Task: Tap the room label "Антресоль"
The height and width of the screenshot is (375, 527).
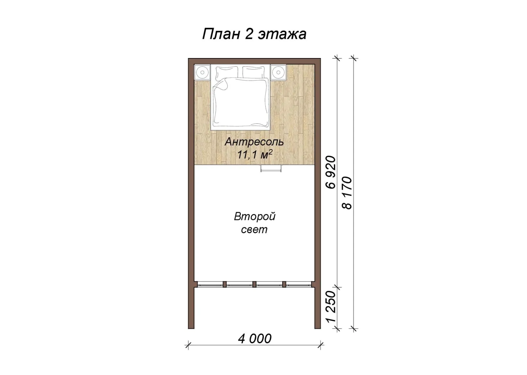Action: (x=254, y=142)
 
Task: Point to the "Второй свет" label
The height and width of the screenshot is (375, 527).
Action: (x=255, y=223)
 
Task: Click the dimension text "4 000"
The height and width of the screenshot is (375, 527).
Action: (x=255, y=339)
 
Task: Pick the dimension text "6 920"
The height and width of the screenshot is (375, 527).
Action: (x=331, y=172)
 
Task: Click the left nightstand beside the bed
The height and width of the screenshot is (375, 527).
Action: (x=202, y=72)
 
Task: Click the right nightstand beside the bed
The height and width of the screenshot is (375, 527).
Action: (x=278, y=72)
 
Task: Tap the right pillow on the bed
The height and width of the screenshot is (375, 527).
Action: (x=254, y=72)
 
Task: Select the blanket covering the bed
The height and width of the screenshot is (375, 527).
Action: (x=241, y=103)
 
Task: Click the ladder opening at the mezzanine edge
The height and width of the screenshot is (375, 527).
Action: (x=271, y=168)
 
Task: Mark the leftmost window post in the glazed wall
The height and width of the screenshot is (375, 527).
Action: (x=225, y=284)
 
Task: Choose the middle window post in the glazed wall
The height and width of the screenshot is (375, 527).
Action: (x=254, y=284)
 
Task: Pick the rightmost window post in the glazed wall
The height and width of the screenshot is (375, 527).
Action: (x=284, y=284)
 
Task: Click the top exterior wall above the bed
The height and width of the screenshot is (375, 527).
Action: (x=254, y=61)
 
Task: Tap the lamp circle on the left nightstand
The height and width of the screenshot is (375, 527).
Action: (x=202, y=72)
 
